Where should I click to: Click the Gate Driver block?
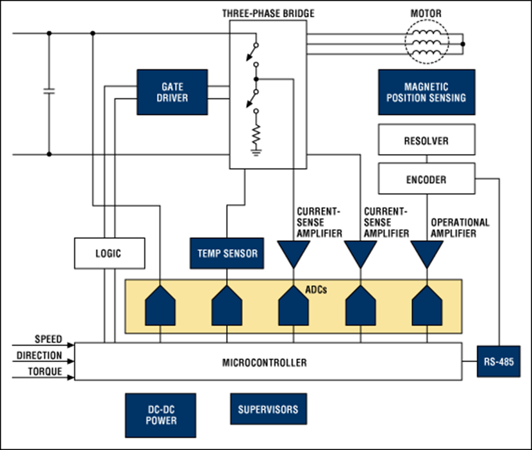(171, 92)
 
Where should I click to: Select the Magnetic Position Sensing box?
(426, 92)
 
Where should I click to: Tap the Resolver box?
(426, 140)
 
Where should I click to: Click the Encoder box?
(426, 179)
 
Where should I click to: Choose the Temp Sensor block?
(226, 254)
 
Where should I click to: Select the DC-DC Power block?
(161, 415)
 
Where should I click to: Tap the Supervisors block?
(268, 410)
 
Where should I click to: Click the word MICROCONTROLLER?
(265, 363)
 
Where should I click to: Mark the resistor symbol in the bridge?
(255, 134)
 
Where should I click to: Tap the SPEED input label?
(48, 339)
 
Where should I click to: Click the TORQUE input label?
(46, 372)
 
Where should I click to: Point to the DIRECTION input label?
(40, 355)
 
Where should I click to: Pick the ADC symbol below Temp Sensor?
(226, 307)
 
